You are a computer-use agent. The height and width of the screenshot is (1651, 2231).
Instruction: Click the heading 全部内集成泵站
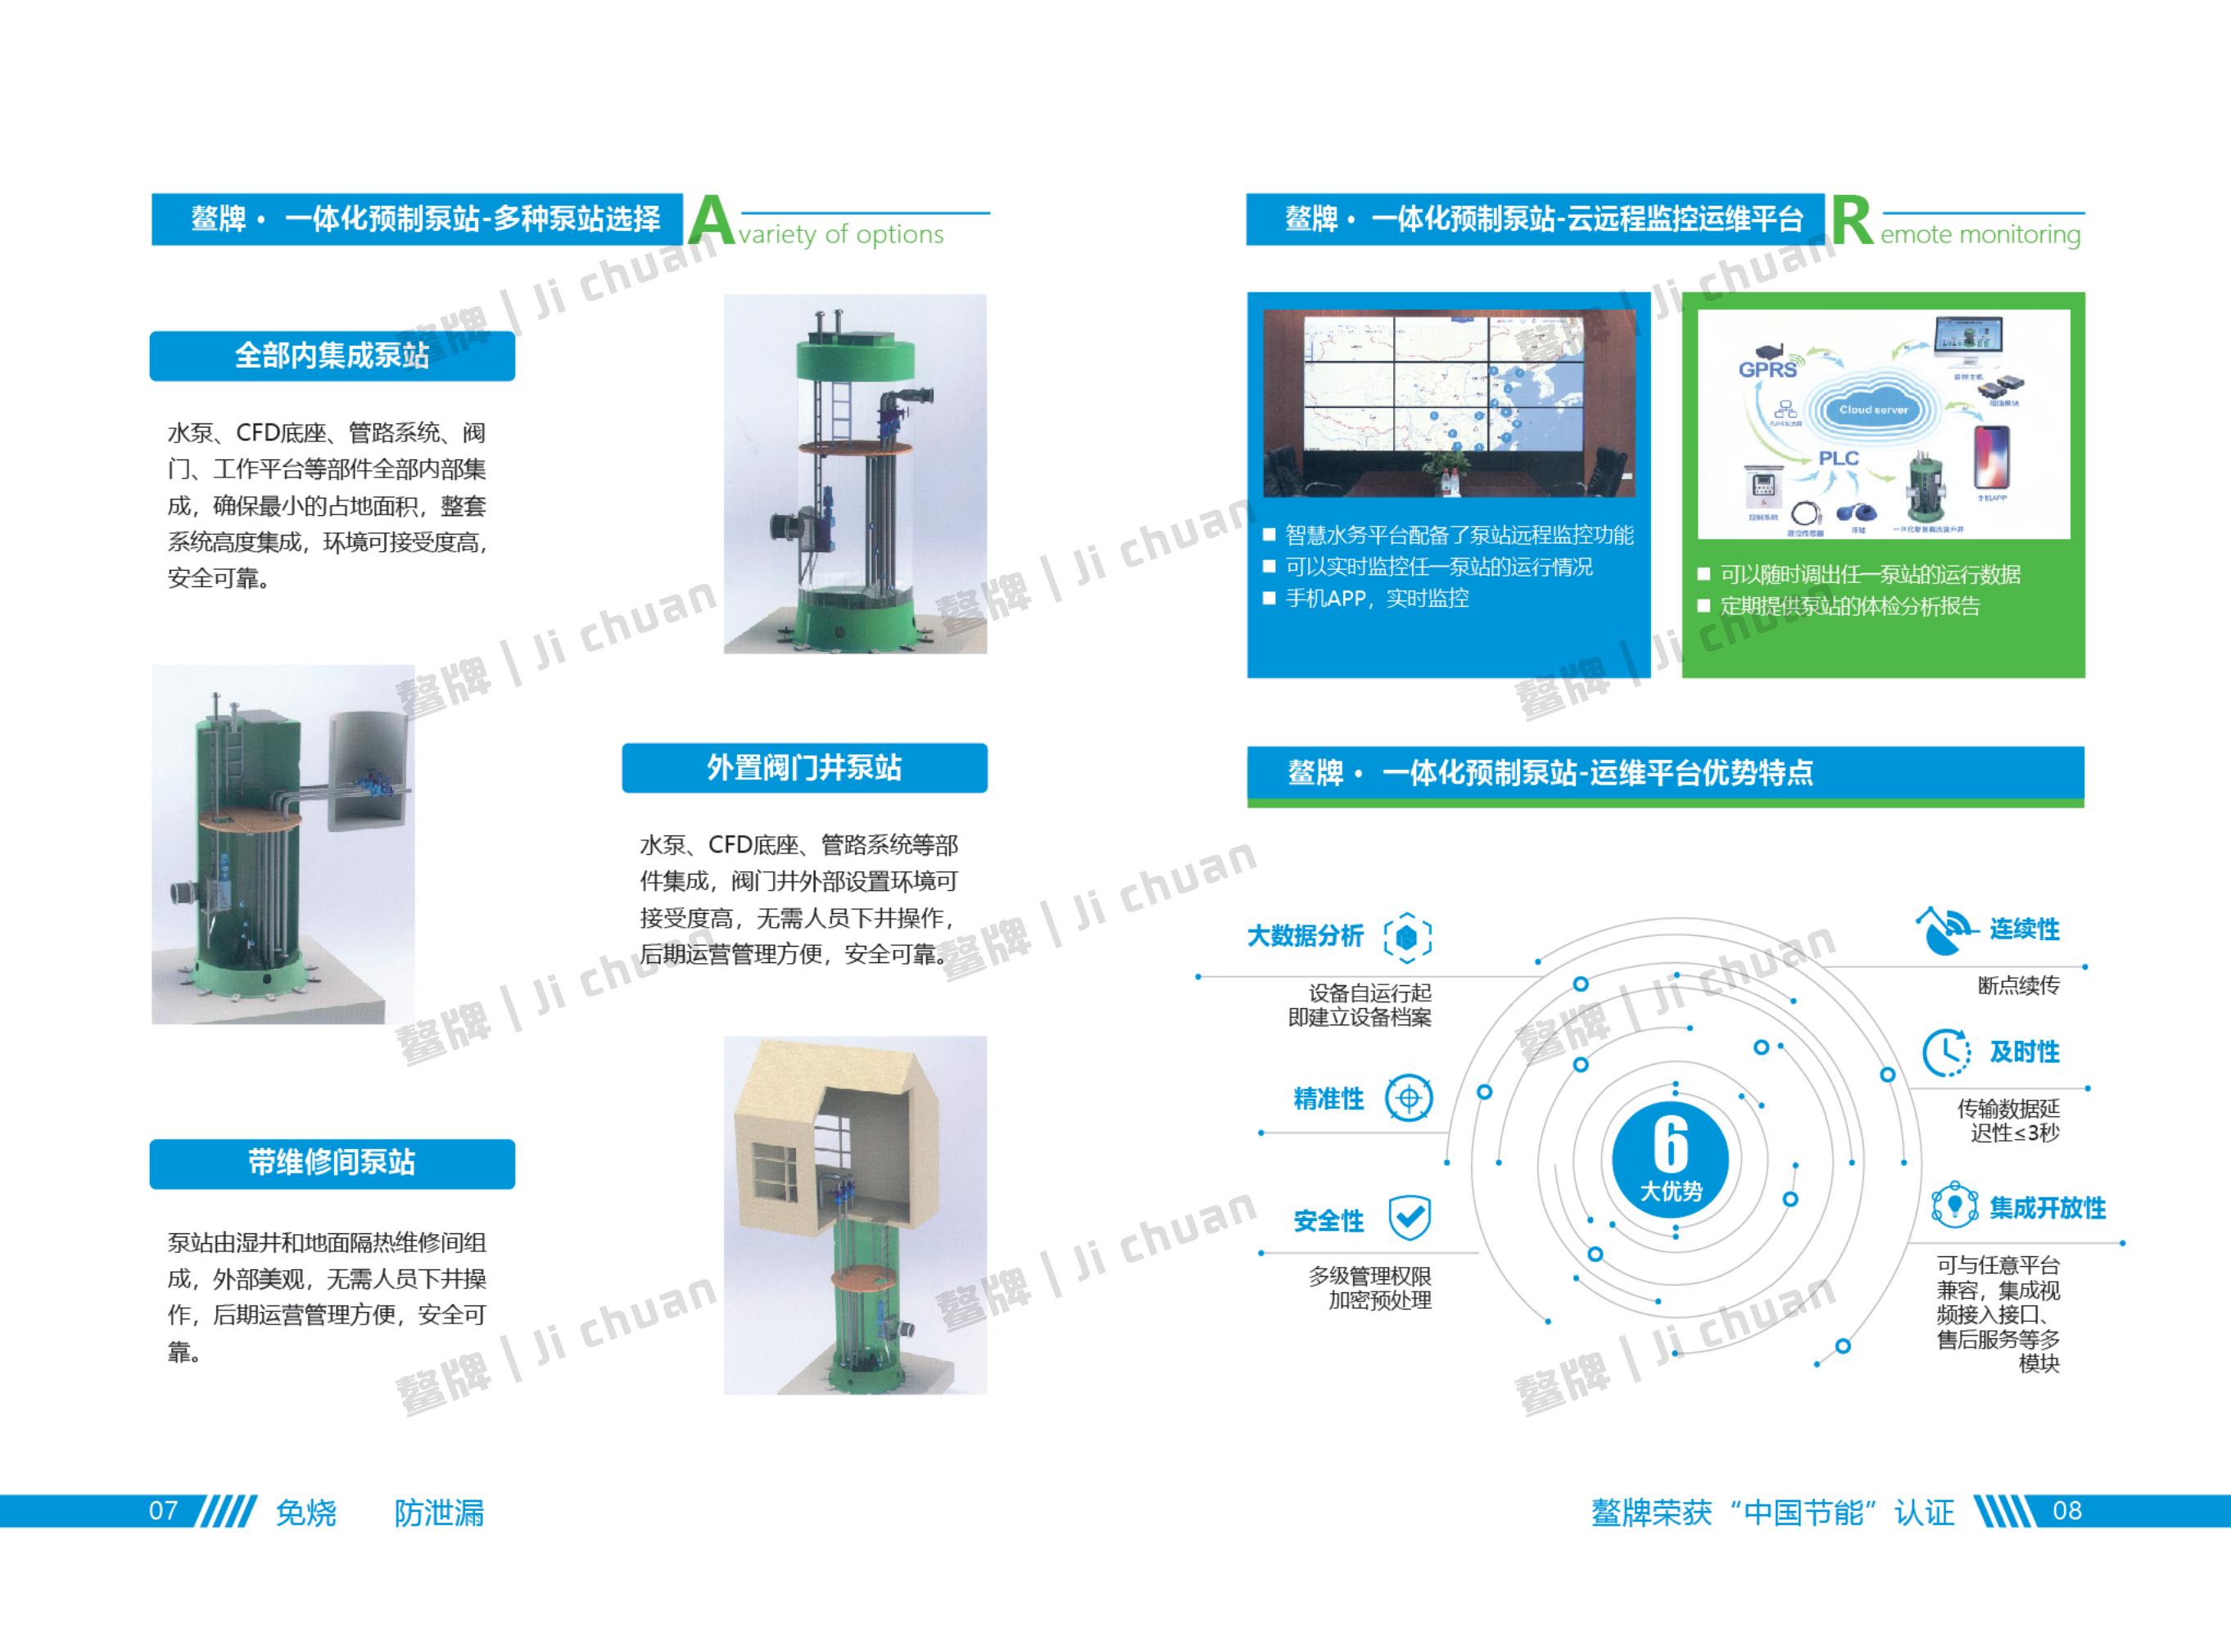[x=332, y=355]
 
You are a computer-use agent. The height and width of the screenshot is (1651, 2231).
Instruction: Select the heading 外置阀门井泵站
[x=803, y=767]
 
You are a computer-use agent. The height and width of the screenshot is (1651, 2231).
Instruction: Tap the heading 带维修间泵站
[x=332, y=1162]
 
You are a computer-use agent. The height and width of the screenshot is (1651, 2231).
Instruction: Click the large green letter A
[x=711, y=221]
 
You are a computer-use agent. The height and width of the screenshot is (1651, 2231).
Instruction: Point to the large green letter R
[x=1852, y=221]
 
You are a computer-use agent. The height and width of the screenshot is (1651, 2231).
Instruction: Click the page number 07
[x=163, y=1510]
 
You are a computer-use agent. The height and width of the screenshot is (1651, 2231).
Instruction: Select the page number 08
[x=2067, y=1510]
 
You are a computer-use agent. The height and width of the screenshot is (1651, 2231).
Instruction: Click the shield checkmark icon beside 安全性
[x=1410, y=1217]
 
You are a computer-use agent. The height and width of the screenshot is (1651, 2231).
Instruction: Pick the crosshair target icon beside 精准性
[x=1409, y=1098]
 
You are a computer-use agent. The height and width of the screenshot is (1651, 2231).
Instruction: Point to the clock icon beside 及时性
[x=1945, y=1052]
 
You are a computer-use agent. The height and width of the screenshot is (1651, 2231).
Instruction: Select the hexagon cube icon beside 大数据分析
[x=1407, y=936]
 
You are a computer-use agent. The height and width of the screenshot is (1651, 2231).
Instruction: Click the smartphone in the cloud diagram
[x=1991, y=458]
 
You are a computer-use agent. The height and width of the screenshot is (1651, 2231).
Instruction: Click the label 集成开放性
[x=2047, y=1208]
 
